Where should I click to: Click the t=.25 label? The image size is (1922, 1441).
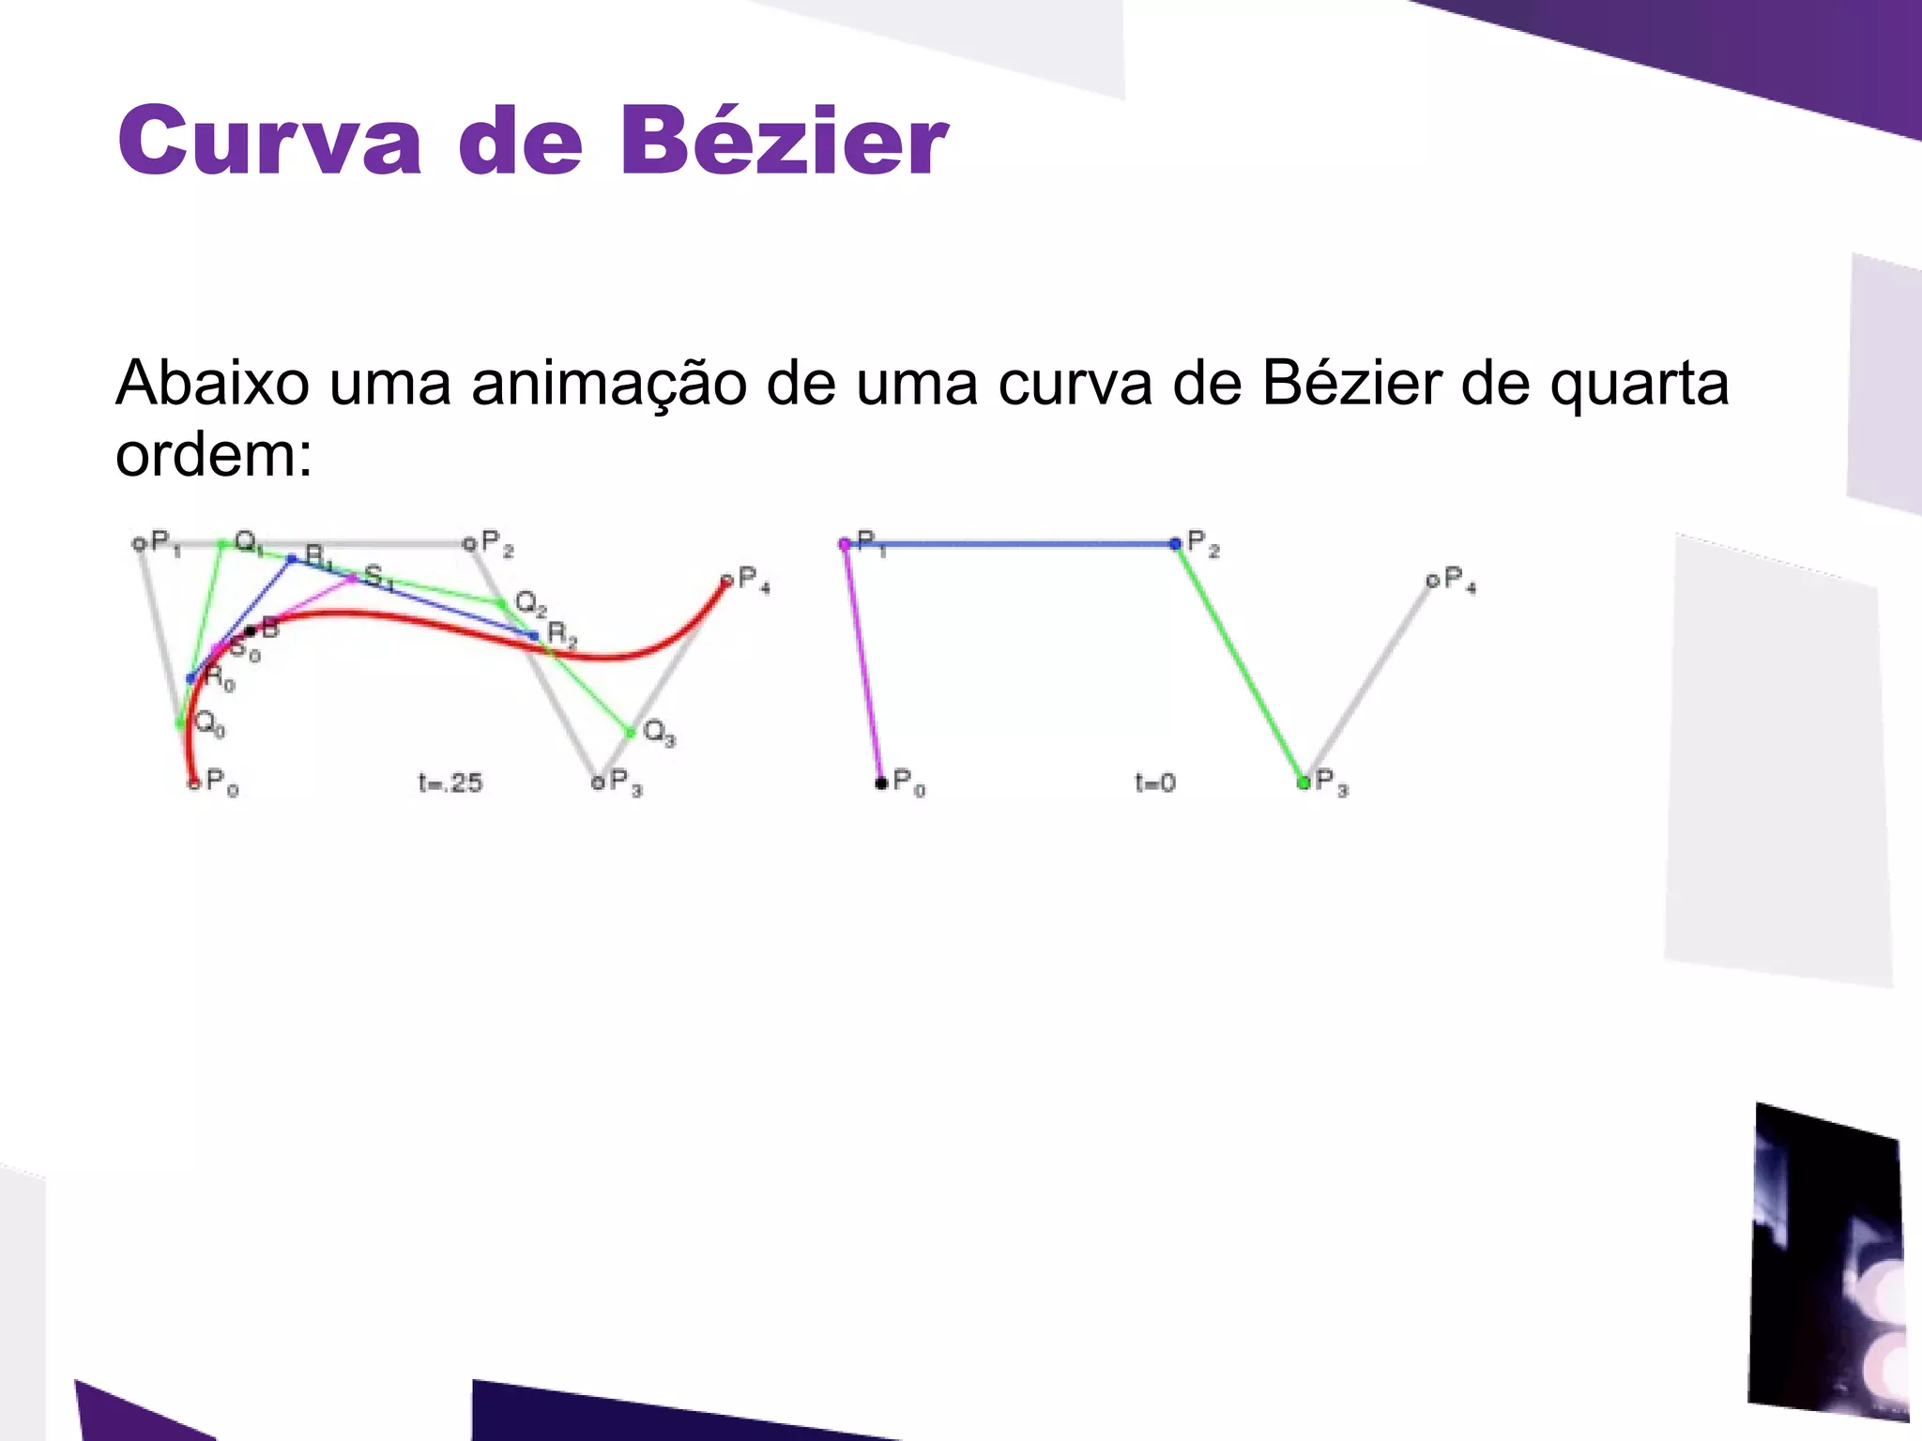pyautogui.click(x=450, y=782)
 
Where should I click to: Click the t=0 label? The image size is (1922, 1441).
pyautogui.click(x=1154, y=782)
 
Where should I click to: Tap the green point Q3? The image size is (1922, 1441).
pyautogui.click(x=631, y=732)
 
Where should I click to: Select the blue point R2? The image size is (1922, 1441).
pyautogui.click(x=534, y=635)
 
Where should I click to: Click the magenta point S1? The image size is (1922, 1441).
pyautogui.click(x=352, y=579)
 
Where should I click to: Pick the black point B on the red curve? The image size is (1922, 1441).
pyautogui.click(x=250, y=631)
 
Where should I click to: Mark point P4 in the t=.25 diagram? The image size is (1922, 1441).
pyautogui.click(x=726, y=582)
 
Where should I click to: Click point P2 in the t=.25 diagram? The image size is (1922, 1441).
pyautogui.click(x=468, y=543)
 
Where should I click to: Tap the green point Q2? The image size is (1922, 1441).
pyautogui.click(x=500, y=602)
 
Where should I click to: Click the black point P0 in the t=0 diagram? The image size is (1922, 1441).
pyautogui.click(x=880, y=782)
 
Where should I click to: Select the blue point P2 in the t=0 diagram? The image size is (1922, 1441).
pyautogui.click(x=1174, y=543)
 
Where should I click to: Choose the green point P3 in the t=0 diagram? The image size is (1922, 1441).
pyautogui.click(x=1303, y=782)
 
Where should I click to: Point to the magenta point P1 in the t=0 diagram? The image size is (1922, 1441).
pyautogui.click(x=845, y=543)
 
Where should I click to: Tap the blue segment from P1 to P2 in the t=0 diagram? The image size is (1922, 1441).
pyautogui.click(x=1009, y=543)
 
